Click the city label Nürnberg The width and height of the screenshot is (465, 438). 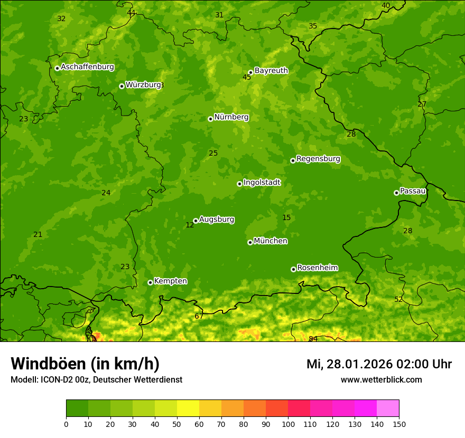coord(231,117)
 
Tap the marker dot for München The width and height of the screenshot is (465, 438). coord(250,242)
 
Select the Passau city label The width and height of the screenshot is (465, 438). coord(413,191)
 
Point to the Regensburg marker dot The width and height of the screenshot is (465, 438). coord(293,160)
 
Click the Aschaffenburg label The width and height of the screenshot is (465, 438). coord(87,67)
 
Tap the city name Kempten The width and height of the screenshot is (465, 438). coord(170,281)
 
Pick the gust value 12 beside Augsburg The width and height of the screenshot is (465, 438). coord(190,225)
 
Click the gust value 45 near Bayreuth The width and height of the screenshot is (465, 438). coord(247,77)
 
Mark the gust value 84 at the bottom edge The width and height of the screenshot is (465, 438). coord(313,339)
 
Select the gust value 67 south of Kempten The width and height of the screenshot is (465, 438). coord(199,316)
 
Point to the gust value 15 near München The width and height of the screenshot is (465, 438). coord(286,217)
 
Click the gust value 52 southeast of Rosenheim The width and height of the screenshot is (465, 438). coord(398,299)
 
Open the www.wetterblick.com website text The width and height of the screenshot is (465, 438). coord(381,380)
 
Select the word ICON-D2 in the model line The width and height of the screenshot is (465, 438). coord(57,380)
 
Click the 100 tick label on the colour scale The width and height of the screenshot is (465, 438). coord(288,424)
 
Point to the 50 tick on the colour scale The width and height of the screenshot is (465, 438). coord(177,424)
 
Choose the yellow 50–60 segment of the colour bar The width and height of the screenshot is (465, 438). coord(188,408)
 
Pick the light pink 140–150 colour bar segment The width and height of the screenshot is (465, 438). coord(388,408)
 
